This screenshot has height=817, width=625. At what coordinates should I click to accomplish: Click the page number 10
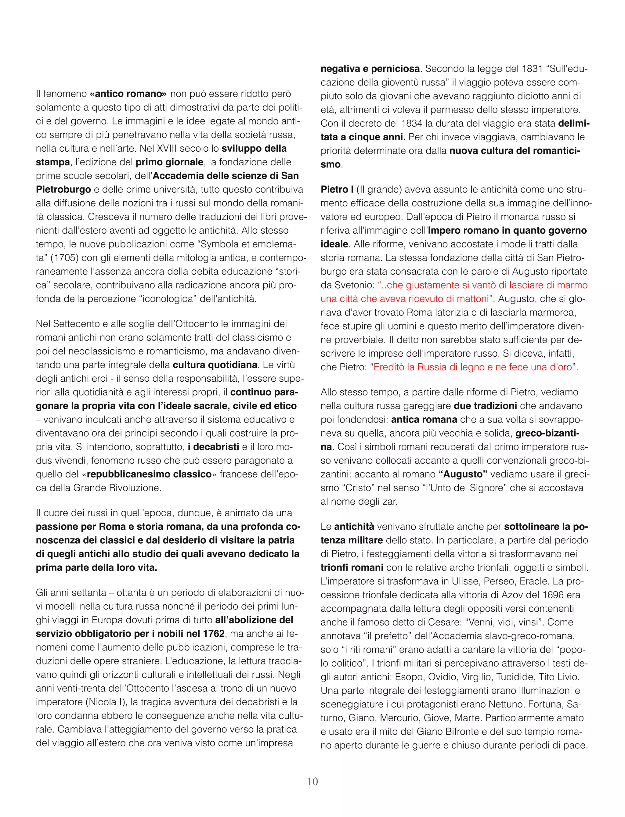coord(312,781)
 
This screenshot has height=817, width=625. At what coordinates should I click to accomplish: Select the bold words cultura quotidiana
coord(215,365)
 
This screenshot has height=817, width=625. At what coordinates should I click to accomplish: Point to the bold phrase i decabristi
coord(213,447)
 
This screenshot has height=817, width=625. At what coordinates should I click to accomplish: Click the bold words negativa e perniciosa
coord(370,69)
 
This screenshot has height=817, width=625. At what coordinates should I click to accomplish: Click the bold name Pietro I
coord(337,189)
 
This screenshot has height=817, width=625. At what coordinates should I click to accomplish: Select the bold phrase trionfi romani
coord(352,567)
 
